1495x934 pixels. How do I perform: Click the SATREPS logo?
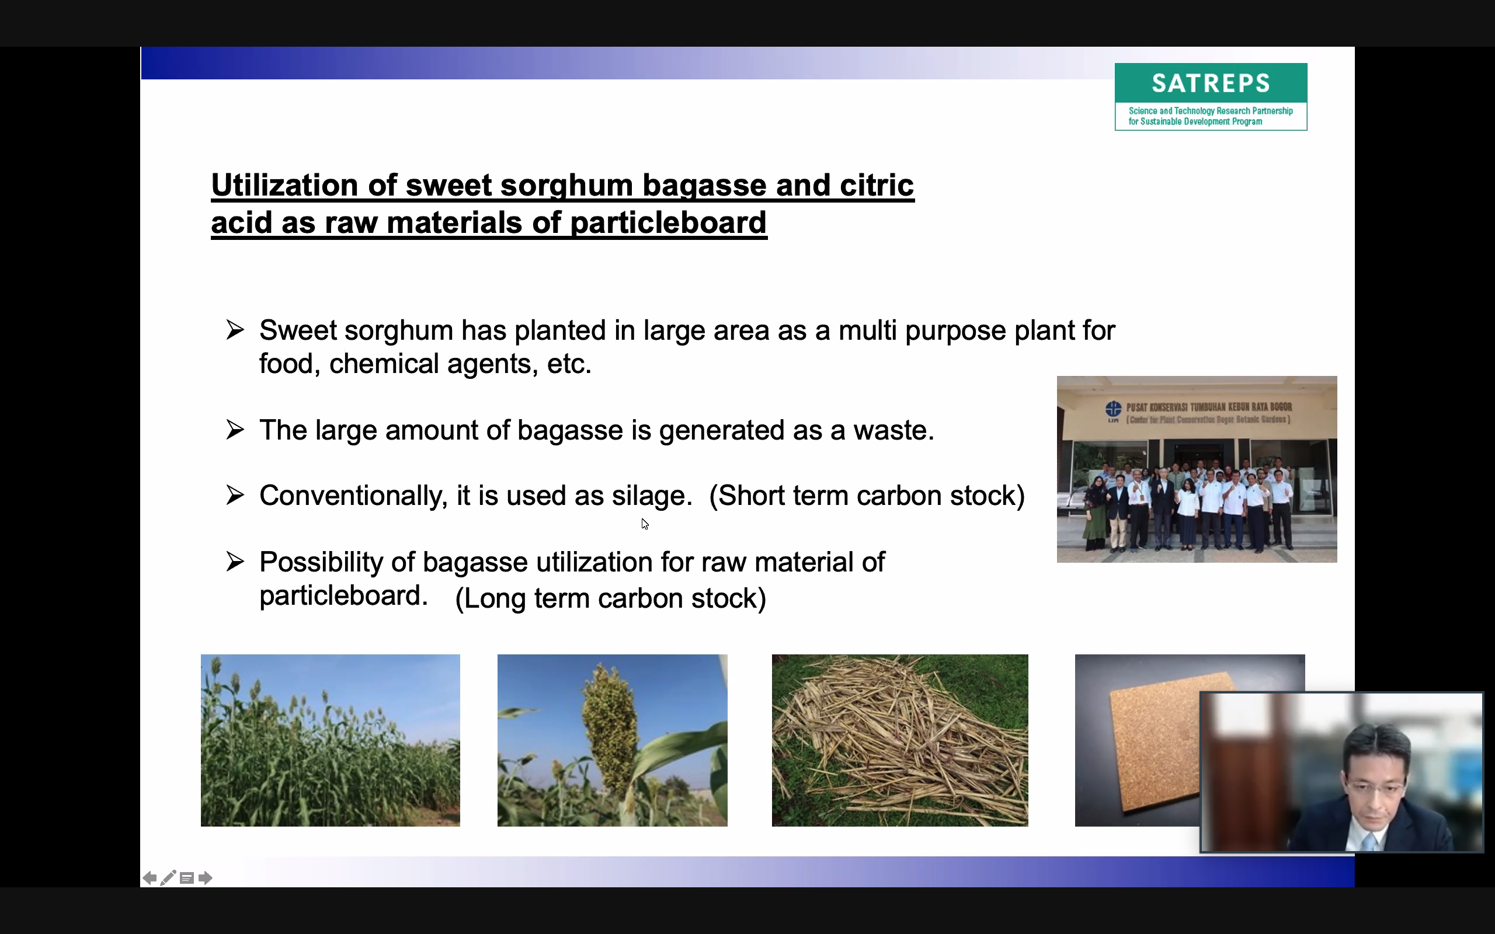tap(1211, 96)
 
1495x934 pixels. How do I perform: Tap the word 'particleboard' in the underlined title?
tap(669, 223)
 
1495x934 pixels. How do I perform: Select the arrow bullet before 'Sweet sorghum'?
tap(235, 329)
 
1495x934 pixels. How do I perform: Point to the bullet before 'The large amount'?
tap(235, 428)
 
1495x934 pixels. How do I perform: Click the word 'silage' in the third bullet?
tap(648, 496)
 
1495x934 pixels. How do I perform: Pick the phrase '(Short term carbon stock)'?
tap(867, 496)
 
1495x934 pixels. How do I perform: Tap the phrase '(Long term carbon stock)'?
tap(610, 598)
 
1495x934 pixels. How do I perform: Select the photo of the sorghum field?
tap(331, 740)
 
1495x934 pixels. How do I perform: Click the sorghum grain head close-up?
tap(612, 740)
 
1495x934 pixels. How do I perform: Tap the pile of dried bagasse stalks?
tap(900, 740)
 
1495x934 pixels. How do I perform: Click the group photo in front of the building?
tap(1197, 469)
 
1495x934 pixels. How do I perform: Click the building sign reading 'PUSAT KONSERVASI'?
tap(1198, 413)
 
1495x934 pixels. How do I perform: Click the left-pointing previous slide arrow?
tap(149, 878)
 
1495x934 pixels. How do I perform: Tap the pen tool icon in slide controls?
tap(168, 878)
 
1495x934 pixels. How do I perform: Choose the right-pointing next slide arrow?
tap(206, 878)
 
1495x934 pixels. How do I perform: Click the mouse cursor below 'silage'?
tap(644, 524)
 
